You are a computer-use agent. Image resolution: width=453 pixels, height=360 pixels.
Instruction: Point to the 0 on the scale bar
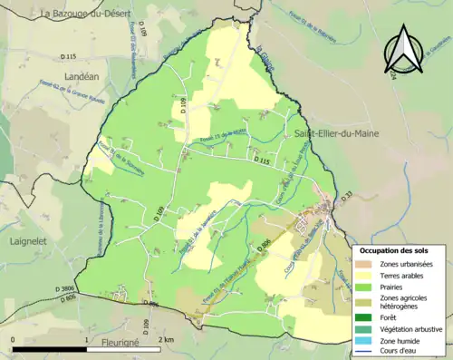coord(13,339)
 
